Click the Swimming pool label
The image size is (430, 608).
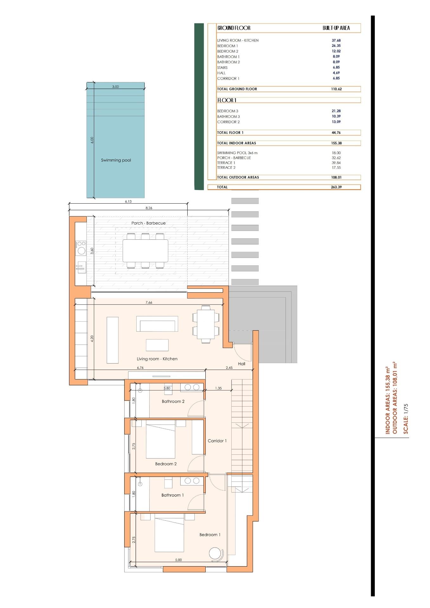(116, 160)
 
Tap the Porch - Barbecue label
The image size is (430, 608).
(148, 223)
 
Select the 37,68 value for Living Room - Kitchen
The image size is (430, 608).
(336, 41)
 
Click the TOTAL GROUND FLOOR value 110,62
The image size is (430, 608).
(336, 89)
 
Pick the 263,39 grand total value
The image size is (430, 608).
(336, 187)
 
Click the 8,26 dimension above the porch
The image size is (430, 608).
(149, 208)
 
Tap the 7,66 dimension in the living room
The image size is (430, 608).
(149, 302)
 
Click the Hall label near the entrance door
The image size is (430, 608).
(241, 364)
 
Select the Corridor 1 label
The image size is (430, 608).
(217, 441)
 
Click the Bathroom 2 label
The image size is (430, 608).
(173, 402)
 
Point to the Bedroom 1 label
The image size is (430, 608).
(210, 535)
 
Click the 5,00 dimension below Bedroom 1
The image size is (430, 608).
(178, 560)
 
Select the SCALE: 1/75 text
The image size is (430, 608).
(406, 419)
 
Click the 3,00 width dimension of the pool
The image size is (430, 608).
(115, 87)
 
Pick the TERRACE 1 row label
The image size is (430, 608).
(226, 163)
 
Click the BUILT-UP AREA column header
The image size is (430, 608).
(336, 28)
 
